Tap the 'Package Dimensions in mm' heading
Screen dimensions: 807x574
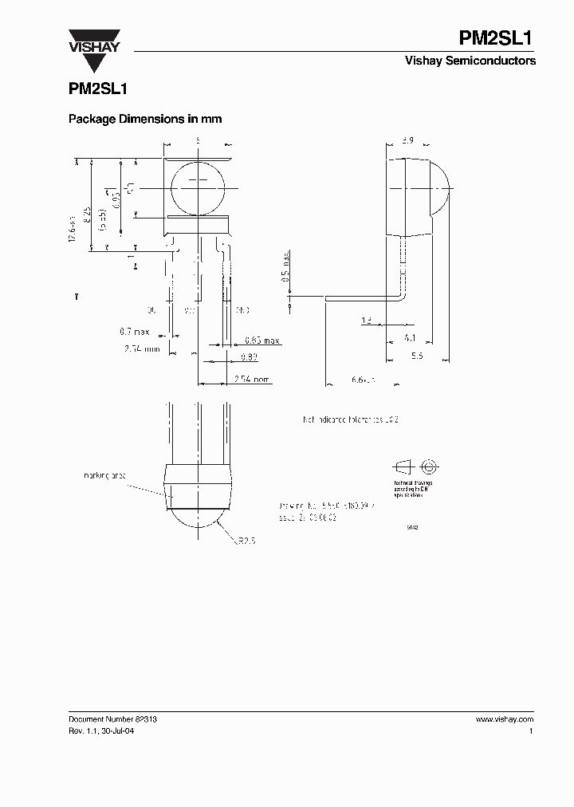click(x=145, y=119)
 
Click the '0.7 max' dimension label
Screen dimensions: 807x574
click(x=135, y=331)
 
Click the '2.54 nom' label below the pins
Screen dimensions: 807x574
click(x=252, y=379)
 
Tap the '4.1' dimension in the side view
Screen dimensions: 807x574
click(x=411, y=338)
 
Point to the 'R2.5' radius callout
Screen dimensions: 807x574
click(x=246, y=540)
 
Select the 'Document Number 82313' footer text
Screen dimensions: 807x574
click(x=112, y=718)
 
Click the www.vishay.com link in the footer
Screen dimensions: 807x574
click(x=505, y=718)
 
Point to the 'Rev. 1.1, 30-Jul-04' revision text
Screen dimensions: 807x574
click(x=106, y=730)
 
